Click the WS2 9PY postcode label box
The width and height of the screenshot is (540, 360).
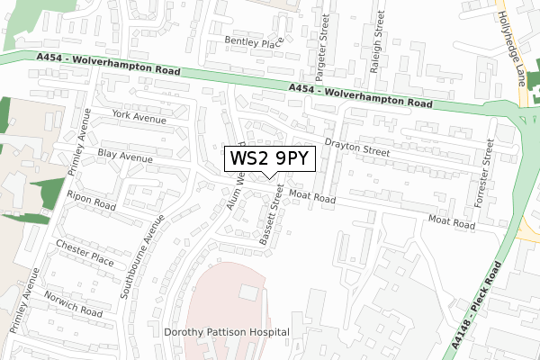(270, 158)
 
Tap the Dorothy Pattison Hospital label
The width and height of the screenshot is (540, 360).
(227, 332)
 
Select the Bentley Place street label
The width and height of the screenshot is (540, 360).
(253, 42)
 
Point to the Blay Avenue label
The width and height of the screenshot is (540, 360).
(126, 156)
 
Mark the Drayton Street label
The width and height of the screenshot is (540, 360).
(357, 148)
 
